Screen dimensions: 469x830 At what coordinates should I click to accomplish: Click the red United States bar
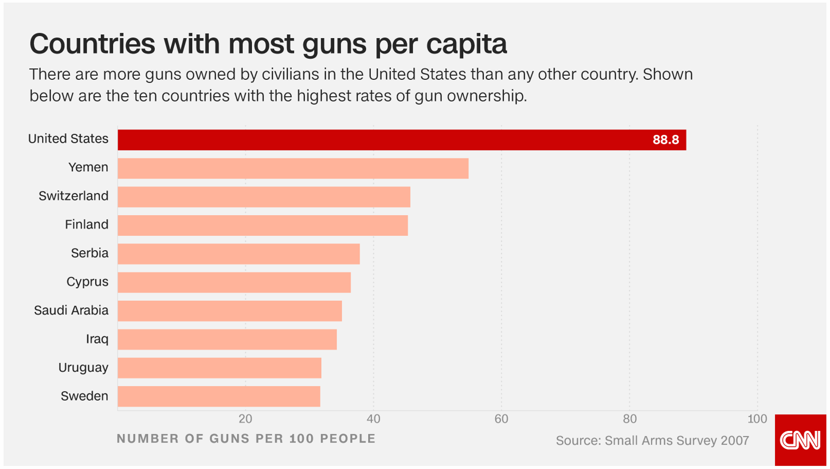402,140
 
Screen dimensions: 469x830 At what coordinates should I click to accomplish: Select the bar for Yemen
293,168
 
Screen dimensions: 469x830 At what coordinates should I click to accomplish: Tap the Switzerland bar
264,197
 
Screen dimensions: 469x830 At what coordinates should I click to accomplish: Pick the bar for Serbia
238,254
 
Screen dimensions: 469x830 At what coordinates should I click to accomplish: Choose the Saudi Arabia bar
229,311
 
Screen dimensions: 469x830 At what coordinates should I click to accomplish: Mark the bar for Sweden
219,397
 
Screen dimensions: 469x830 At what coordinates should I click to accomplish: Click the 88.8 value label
665,140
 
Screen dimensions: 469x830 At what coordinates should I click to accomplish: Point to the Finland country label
87,225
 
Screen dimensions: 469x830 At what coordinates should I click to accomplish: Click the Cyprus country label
87,282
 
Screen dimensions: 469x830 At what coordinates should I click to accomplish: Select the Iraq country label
97,339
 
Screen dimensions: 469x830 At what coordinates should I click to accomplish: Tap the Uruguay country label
83,367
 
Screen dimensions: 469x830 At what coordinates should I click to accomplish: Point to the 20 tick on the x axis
245,419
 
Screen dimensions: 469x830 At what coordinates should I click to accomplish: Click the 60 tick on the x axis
501,419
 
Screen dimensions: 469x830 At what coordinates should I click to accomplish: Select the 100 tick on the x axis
757,419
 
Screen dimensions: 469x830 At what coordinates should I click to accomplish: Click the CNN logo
800,440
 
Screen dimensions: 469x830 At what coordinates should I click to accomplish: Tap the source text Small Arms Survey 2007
652,440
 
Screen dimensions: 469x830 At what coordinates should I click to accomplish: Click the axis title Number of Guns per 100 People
246,439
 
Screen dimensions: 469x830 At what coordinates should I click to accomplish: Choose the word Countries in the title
92,44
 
